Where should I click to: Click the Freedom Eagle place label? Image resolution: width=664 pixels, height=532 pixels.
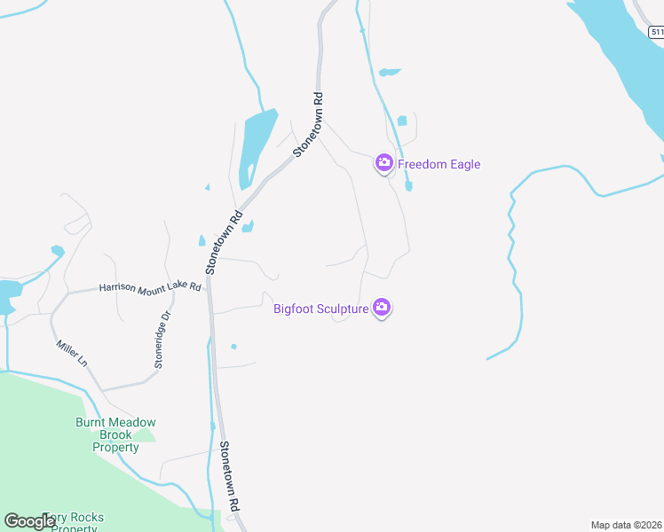click(439, 164)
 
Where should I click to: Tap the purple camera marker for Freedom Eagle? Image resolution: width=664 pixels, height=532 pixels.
click(383, 162)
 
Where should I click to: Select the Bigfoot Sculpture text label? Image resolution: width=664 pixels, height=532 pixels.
click(320, 309)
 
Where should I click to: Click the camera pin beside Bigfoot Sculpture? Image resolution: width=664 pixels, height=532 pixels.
click(382, 308)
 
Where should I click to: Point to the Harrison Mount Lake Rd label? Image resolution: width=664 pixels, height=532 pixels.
click(150, 287)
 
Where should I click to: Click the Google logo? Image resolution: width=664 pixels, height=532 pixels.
click(28, 521)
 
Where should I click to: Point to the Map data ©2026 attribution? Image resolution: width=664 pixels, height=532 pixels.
click(626, 525)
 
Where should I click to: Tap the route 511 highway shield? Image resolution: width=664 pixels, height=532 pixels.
click(656, 32)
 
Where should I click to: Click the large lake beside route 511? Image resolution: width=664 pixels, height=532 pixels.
click(621, 62)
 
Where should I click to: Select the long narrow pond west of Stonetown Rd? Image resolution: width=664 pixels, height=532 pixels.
click(253, 146)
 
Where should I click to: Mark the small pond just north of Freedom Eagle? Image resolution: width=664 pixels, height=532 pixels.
click(402, 121)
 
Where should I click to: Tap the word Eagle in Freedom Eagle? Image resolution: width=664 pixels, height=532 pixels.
click(463, 164)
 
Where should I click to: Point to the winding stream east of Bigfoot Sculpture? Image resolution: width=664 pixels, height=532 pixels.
click(515, 266)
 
